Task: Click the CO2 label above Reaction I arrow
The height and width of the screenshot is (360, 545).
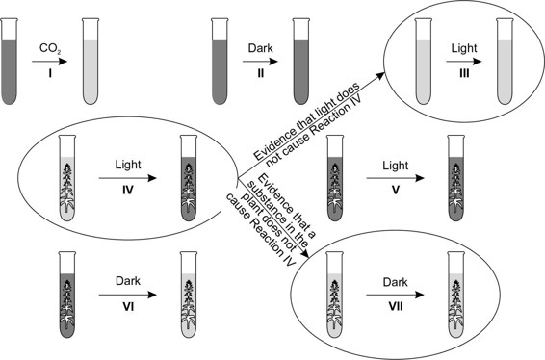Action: tap(47, 44)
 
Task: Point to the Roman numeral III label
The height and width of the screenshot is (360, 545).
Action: tap(461, 73)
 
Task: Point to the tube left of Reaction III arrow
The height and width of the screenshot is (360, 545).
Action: tap(421, 61)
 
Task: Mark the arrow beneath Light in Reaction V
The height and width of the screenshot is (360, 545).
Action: tap(394, 177)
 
